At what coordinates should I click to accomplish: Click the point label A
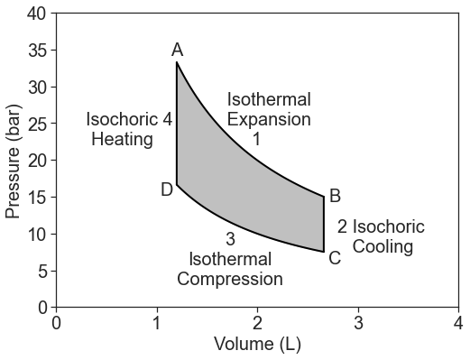[x=177, y=51]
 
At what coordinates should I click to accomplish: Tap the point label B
[x=335, y=196]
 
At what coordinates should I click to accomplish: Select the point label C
[x=335, y=258]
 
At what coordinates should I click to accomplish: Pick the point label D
[x=167, y=189]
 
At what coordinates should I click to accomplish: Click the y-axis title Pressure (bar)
[x=13, y=161]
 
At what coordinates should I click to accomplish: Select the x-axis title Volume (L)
[x=257, y=344]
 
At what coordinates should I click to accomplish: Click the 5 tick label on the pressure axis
[x=41, y=271]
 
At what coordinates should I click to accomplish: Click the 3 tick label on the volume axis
[x=358, y=322]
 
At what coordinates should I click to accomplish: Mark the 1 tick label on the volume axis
[x=157, y=322]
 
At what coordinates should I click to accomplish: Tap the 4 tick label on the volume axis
[x=459, y=322]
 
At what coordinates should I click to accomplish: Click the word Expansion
[x=269, y=119]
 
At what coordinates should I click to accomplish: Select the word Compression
[x=230, y=279]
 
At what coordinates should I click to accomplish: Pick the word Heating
[x=122, y=139]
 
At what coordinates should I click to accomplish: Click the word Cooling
[x=382, y=246]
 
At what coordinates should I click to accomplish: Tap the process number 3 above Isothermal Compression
[x=230, y=239]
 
